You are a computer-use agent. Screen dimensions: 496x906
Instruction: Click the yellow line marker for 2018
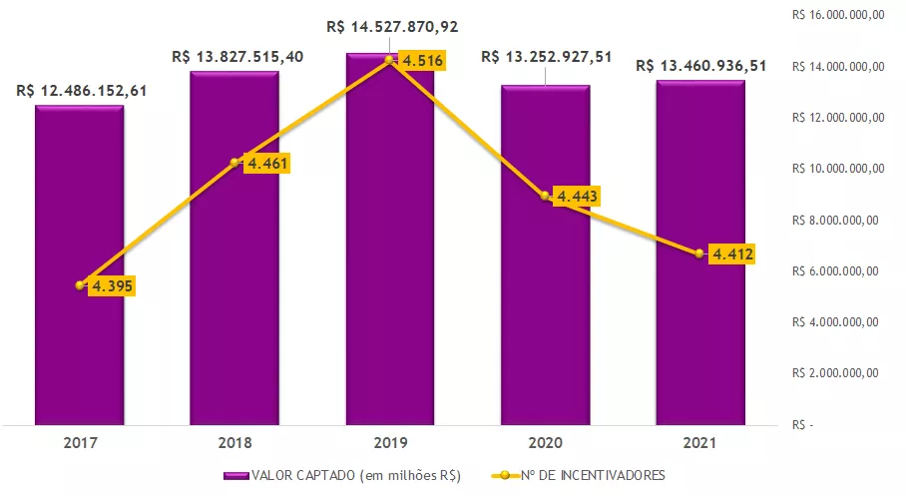(x=235, y=162)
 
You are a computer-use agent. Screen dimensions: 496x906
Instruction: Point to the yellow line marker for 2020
(x=545, y=196)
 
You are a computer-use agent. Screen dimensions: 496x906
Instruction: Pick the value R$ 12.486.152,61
(x=82, y=91)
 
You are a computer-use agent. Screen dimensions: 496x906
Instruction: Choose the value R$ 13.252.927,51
(x=547, y=56)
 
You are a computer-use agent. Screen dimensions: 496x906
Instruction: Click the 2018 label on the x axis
(x=234, y=441)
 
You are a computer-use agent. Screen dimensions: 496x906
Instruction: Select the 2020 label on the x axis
(x=545, y=441)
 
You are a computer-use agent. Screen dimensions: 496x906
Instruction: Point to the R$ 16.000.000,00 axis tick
(x=838, y=15)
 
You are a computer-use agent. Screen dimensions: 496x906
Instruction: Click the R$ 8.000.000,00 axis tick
(x=836, y=220)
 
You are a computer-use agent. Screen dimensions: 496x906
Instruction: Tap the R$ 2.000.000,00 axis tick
(x=836, y=373)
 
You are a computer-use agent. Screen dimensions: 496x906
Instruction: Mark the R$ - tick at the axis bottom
(x=802, y=425)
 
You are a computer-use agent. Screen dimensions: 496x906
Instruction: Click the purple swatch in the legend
(x=236, y=475)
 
